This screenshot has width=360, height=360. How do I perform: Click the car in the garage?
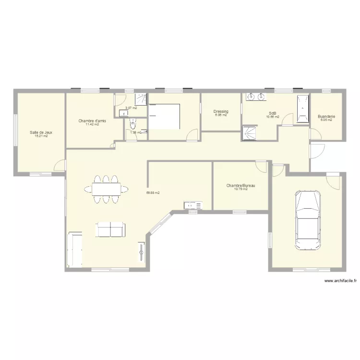(x=307, y=219)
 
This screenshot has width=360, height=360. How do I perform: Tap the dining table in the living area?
(x=107, y=189)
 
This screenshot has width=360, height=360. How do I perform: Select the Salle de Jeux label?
(x=41, y=132)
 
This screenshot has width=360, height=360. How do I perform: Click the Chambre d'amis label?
(x=92, y=121)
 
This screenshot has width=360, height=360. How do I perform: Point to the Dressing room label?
(x=221, y=111)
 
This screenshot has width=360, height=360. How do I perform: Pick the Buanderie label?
(x=326, y=117)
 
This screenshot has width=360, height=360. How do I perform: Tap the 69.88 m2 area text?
(x=153, y=193)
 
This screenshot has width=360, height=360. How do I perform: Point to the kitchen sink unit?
(x=193, y=206)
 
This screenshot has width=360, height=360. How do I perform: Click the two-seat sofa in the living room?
(x=111, y=229)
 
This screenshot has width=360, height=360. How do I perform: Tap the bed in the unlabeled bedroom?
(x=164, y=117)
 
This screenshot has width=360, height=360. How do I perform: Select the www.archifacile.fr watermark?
(x=340, y=282)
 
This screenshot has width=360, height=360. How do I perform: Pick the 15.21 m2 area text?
(x=41, y=136)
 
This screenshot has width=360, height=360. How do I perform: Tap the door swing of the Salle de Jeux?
(x=60, y=166)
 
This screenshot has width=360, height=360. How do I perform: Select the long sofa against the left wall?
(x=75, y=250)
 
